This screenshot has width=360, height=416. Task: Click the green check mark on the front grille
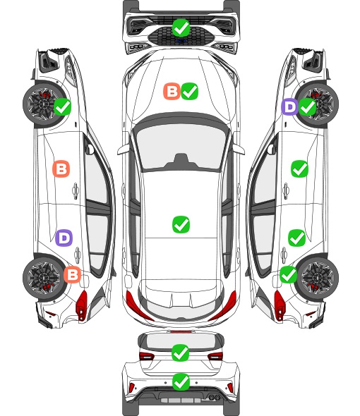[x=181, y=27]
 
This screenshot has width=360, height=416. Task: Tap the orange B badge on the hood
[x=172, y=92]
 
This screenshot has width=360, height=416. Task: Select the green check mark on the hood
[x=190, y=92]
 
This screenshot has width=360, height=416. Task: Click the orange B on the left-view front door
[x=61, y=169]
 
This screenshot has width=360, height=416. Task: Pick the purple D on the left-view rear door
[x=64, y=238]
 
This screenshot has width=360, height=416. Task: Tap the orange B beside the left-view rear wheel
[x=72, y=274]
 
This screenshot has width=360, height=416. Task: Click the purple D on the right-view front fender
[x=289, y=107]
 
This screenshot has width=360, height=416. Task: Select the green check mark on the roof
[x=181, y=225]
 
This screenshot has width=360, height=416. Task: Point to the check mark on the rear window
[x=181, y=353]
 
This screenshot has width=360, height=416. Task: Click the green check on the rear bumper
[x=181, y=382]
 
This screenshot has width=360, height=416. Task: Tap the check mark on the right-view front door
[x=300, y=169]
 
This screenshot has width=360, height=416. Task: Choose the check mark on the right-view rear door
[x=296, y=238]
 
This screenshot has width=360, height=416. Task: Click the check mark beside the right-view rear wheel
[x=288, y=274]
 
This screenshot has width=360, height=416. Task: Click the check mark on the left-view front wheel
[x=62, y=106]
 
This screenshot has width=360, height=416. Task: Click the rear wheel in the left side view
[x=43, y=279]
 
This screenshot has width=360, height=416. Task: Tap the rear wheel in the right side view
[x=318, y=278]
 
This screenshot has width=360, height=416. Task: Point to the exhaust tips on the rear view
[x=215, y=398]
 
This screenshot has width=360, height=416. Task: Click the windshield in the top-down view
[x=181, y=146]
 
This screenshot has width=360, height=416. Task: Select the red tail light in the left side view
[x=82, y=305]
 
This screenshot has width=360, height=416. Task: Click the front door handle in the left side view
[x=76, y=190]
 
